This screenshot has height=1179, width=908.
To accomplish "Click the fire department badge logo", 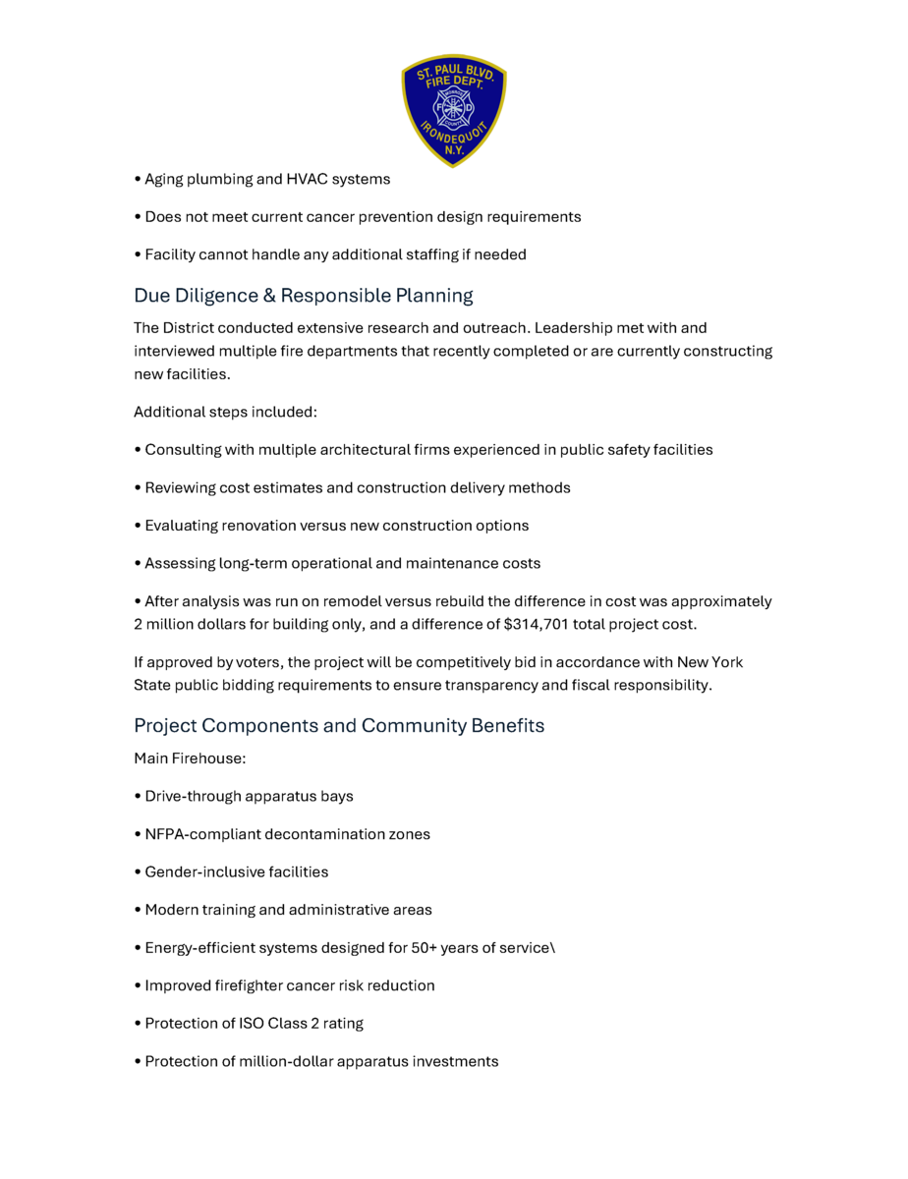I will pyautogui.click(x=453, y=110).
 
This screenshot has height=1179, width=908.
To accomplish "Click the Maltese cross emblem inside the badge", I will pyautogui.click(x=454, y=107).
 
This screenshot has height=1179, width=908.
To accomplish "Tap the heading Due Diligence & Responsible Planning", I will pyautogui.click(x=304, y=295).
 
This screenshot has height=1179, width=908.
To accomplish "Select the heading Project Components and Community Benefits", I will pyautogui.click(x=339, y=725).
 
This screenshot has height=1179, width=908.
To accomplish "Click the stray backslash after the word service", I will pyautogui.click(x=553, y=948).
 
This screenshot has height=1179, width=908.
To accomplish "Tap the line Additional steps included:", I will pyautogui.click(x=225, y=412).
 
